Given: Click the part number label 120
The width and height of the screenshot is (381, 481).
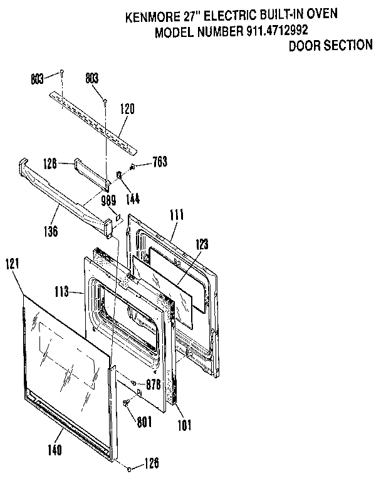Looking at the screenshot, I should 127,108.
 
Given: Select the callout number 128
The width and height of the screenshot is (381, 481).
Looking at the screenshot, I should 50,163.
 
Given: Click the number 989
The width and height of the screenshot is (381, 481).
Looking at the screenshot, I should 108,200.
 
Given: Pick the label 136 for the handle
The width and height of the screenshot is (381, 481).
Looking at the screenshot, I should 51,231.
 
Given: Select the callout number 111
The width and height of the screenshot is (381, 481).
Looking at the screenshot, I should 177,215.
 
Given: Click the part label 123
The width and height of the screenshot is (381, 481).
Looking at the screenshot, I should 202,244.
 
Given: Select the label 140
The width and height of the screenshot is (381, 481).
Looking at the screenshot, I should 55,450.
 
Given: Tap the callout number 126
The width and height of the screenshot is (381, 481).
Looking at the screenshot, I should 151,464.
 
